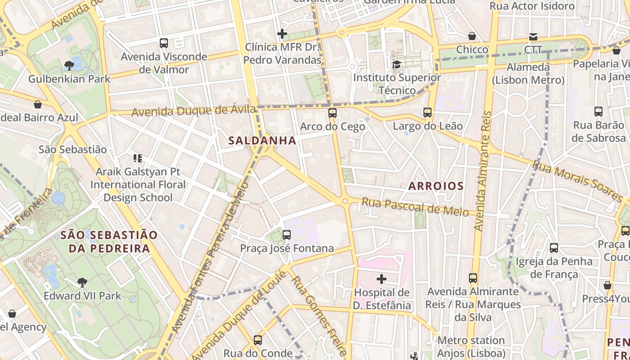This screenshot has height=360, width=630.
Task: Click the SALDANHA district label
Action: pyautogui.click(x=262, y=140)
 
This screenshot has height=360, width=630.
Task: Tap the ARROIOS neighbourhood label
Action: pyautogui.click(x=436, y=186)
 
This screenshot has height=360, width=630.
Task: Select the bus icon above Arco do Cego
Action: pyautogui.click(x=333, y=113)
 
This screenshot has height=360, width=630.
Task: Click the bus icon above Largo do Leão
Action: pyautogui.click(x=427, y=112)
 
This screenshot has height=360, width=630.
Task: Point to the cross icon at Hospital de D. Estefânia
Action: pyautogui.click(x=382, y=279)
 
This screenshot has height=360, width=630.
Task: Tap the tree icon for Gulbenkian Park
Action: pyautogui.click(x=69, y=66)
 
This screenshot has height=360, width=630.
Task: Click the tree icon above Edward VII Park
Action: pyautogui.click(x=82, y=282)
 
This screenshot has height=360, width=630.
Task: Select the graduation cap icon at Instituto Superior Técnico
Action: pyautogui.click(x=396, y=64)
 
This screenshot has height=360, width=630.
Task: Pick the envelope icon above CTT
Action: pyautogui.click(x=533, y=36)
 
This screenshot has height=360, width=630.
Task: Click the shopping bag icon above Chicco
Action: pyautogui.click(x=472, y=36)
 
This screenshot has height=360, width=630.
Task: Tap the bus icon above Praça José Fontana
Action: pyautogui.click(x=287, y=234)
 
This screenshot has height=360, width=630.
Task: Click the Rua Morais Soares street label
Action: pyautogui.click(x=577, y=181)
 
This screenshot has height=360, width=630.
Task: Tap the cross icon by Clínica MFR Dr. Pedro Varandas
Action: pyautogui.click(x=282, y=34)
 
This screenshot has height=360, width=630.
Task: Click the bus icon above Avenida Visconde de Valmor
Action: pyautogui.click(x=164, y=43)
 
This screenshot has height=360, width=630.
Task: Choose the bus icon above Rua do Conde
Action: pyautogui.click(x=258, y=340)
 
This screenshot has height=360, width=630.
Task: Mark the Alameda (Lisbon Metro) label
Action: pyautogui.click(x=528, y=74)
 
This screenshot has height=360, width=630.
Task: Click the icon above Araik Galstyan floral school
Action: pyautogui.click(x=138, y=158)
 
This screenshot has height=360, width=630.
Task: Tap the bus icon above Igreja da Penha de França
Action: pyautogui.click(x=554, y=247)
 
